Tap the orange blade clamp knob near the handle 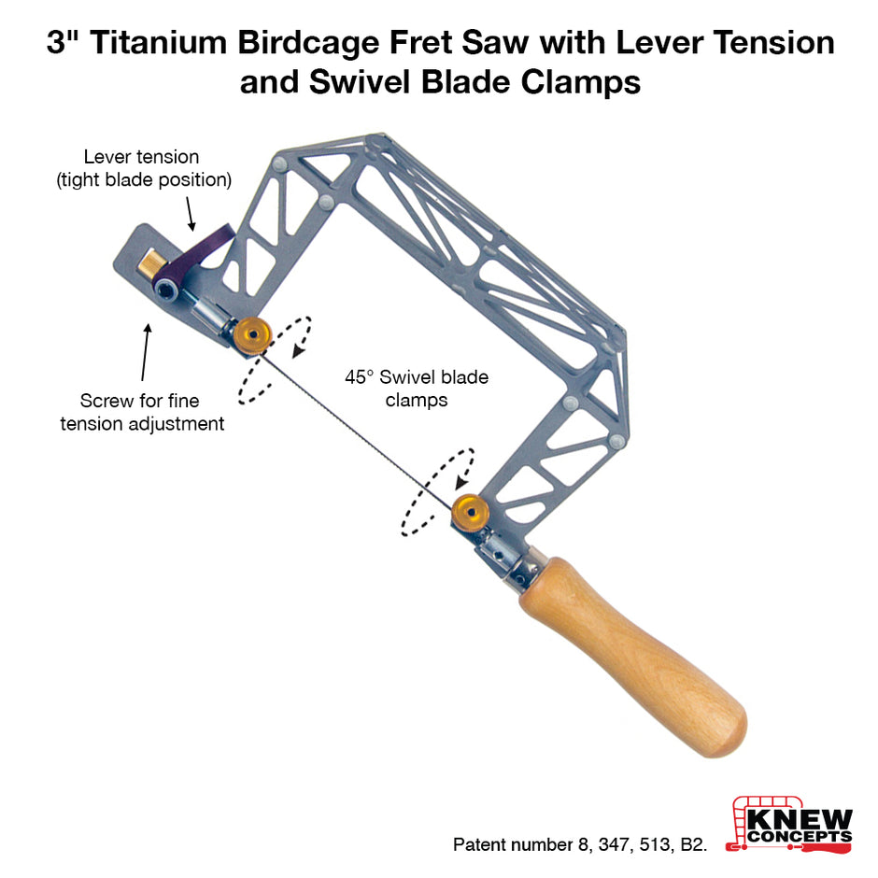click(x=470, y=513)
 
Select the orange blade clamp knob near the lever click(x=252, y=334)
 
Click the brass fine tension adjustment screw click(x=149, y=263)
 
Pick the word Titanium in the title click(x=159, y=43)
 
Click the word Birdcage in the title click(x=308, y=44)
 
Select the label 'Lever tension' click(x=141, y=157)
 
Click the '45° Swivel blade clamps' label click(x=417, y=388)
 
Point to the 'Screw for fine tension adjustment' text click(x=142, y=412)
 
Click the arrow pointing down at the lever click(x=190, y=213)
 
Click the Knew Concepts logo click(x=789, y=825)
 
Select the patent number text click(x=580, y=843)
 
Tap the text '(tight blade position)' click(x=144, y=179)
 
